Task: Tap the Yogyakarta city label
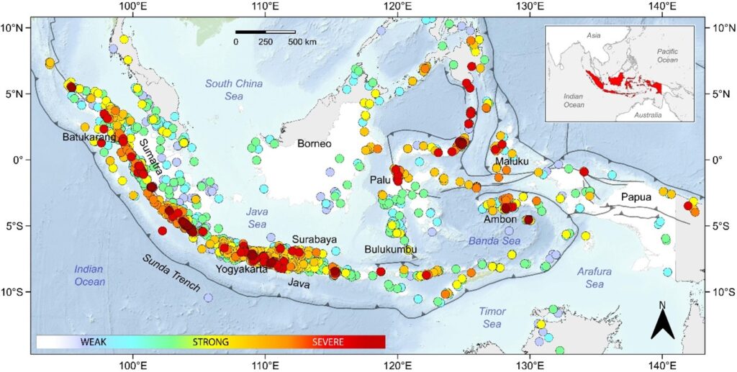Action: point(241,270)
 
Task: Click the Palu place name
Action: point(381,178)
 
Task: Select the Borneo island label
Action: point(315,143)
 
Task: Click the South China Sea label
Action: point(234,89)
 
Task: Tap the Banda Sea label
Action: point(489,241)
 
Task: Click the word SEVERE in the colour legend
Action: point(327,341)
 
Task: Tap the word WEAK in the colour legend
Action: point(94,341)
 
